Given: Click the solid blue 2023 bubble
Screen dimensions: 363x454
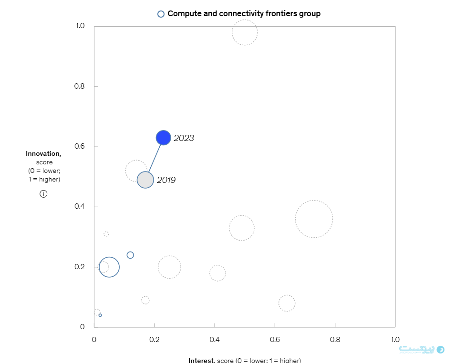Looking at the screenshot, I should point(163,138).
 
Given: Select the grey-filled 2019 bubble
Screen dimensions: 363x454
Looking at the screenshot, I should point(145,180).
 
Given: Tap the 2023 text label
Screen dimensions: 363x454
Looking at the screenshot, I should point(184,138).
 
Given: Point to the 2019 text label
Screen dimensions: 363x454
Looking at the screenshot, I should point(166,180).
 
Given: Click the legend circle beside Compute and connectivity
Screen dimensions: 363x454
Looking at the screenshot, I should point(161,14).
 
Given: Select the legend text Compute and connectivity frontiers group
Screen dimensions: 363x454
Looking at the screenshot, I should point(244,14).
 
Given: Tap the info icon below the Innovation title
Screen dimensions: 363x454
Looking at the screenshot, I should point(43,194).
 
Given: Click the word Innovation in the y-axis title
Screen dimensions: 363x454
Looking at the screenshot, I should point(43,153).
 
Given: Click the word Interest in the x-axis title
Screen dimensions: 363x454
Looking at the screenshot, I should point(201,360).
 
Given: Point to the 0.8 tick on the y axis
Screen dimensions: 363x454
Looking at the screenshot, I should point(80,87).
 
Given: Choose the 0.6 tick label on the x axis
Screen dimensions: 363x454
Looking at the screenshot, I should point(275,339).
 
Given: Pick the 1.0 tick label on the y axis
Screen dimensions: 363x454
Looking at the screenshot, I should point(80,26).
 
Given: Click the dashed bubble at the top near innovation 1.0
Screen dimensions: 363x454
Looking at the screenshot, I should point(245,32).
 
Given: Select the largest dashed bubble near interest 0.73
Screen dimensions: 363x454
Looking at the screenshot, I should point(314,219).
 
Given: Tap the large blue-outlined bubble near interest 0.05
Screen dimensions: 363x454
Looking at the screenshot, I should point(109,267).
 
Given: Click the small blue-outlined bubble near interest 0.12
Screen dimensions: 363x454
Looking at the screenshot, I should point(130,255).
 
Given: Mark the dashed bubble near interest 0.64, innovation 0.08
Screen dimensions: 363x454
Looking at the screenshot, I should point(287,303).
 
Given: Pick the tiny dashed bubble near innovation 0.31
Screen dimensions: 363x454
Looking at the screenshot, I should point(106,234).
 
